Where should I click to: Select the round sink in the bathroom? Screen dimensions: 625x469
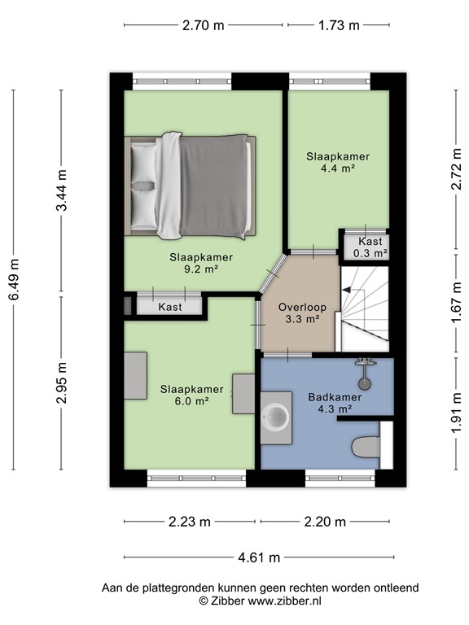[278, 415]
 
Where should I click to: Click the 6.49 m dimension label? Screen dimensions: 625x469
[13, 279]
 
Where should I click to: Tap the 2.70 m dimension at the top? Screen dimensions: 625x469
[203, 25]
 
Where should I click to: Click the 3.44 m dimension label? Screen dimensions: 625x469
[62, 192]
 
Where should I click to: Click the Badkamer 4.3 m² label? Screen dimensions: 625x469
[330, 403]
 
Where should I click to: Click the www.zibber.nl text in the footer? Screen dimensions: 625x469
[285, 601]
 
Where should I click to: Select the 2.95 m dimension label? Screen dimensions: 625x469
[62, 382]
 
